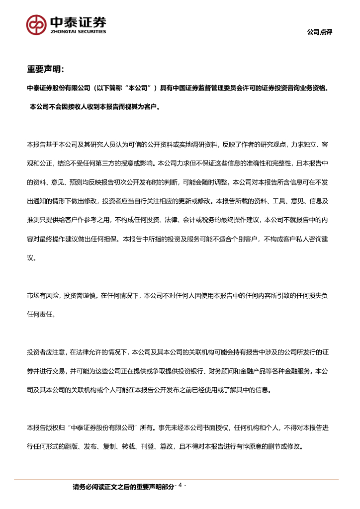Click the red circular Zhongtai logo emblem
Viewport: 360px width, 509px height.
(x=37, y=24)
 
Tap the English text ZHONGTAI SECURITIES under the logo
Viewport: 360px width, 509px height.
(x=78, y=31)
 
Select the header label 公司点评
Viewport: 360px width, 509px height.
(x=319, y=32)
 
